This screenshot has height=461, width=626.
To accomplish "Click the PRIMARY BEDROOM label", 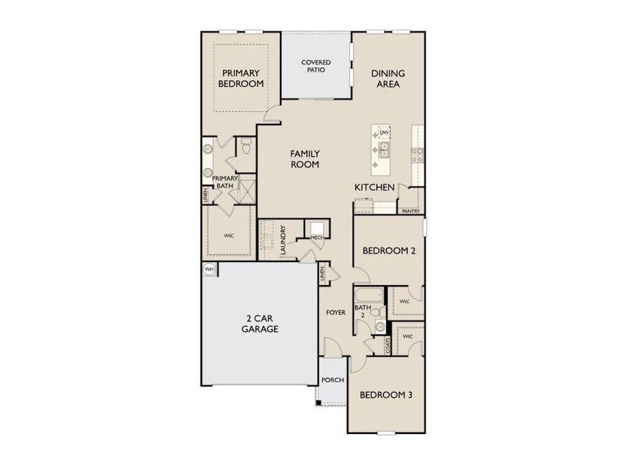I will (x=241, y=78).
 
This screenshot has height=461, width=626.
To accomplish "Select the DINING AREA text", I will (x=388, y=78).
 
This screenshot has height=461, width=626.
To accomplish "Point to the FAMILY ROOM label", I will (x=305, y=158).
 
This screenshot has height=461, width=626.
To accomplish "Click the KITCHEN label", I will (x=375, y=187).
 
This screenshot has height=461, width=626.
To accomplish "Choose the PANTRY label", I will (x=410, y=211).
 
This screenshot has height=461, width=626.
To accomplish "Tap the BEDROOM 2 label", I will (x=388, y=250).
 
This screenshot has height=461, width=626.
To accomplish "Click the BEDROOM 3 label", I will (x=387, y=395).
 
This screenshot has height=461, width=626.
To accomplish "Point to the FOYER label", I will (x=335, y=313).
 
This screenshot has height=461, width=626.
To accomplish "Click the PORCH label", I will (x=332, y=380).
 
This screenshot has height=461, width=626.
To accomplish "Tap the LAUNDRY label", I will (x=284, y=240).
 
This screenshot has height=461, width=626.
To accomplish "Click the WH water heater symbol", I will (x=208, y=269).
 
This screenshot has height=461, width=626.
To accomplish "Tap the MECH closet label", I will (x=316, y=238).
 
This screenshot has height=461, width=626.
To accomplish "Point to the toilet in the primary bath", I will (x=245, y=146).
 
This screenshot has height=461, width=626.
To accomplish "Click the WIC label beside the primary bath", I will (x=228, y=237).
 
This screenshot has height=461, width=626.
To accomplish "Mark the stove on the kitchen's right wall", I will (x=418, y=155).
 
